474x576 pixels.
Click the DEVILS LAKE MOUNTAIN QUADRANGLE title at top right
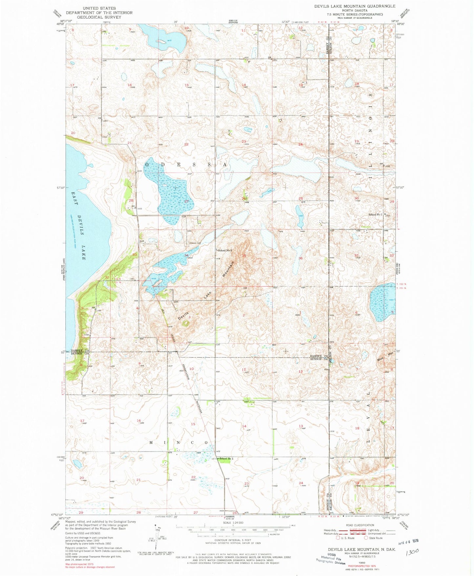pyautogui.click(x=355, y=6)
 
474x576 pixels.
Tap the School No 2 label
pyautogui.click(x=225, y=250)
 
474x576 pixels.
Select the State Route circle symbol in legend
pyautogui.click(x=366, y=538)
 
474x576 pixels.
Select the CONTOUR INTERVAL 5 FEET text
pyautogui.click(x=233, y=540)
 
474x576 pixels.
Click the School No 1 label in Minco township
pyautogui.click(x=226, y=459)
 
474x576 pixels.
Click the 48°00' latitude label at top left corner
pyautogui.click(x=60, y=24)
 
